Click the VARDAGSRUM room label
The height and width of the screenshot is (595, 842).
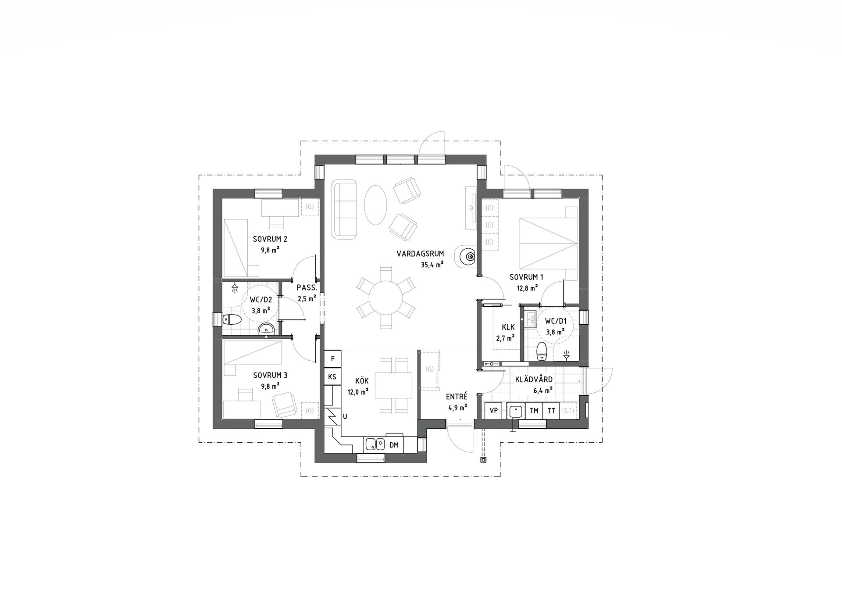420,254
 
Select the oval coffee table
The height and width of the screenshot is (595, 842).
376,204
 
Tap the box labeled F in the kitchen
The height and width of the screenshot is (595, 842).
333,359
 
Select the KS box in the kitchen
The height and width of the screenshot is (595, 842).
332,377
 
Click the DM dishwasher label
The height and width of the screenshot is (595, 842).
394,445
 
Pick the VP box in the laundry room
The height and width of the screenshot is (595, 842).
494,411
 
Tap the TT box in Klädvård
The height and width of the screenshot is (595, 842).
551,411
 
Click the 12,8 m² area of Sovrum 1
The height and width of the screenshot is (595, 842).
527,288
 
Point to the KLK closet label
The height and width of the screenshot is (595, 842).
508,327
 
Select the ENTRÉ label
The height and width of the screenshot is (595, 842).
457,396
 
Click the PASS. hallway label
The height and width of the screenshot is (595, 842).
307,288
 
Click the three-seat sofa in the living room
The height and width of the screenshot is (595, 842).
345,209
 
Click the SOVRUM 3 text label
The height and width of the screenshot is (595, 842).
270,376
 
